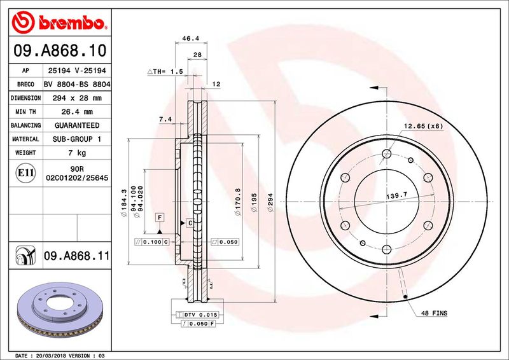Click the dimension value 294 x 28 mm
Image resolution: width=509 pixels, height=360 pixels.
[76, 98]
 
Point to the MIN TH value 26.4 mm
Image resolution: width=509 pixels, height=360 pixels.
[76, 112]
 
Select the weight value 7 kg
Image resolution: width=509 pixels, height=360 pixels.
[76, 153]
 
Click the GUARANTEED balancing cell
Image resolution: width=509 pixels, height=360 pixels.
[76, 125]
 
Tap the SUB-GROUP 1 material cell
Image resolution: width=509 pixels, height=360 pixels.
[76, 139]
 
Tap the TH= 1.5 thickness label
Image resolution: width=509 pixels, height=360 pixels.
[165, 72]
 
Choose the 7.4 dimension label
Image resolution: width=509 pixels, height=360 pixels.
[165, 118]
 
